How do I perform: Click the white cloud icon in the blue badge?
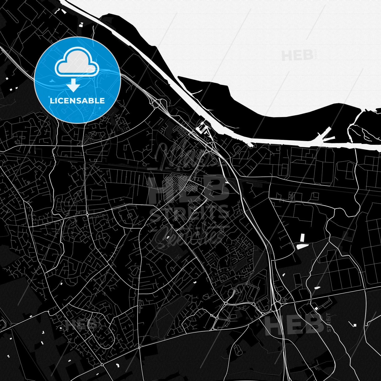coord(77,63)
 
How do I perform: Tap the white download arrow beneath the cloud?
coord(74,85)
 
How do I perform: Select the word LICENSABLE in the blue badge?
coord(77,101)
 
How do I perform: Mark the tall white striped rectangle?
coord(302,238)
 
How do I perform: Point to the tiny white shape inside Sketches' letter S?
coord(167,237)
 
